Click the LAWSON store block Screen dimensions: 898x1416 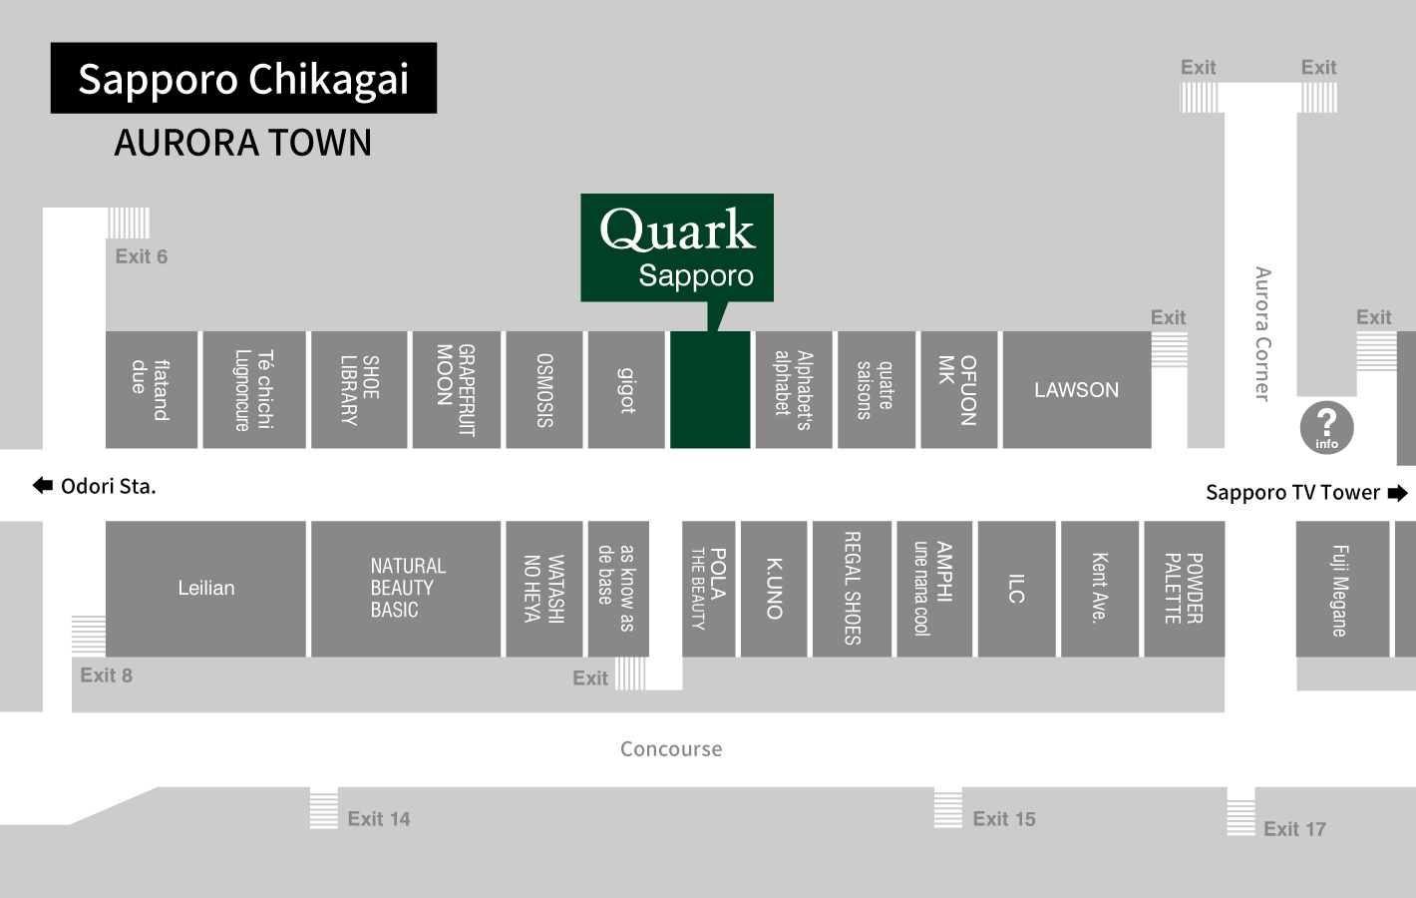pyautogui.click(x=1076, y=390)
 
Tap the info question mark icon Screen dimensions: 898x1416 pyautogui.click(x=1326, y=427)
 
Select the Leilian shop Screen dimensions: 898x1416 pyautogui.click(x=205, y=588)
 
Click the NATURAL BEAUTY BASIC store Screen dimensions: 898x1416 pyautogui.click(x=406, y=588)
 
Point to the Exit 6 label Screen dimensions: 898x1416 pyautogui.click(x=141, y=256)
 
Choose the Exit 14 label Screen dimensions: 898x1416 pyautogui.click(x=378, y=819)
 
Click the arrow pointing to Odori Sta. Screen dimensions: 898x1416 pyautogui.click(x=43, y=486)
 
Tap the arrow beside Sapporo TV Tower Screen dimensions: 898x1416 pyautogui.click(x=1398, y=493)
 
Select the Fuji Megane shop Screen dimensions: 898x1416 pyautogui.click(x=1341, y=590)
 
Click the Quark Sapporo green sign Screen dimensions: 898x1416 pyautogui.click(x=677, y=246)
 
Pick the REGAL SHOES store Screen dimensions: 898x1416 pyautogui.click(x=852, y=589)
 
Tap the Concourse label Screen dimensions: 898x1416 pyautogui.click(x=671, y=749)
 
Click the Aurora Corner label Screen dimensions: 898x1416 pyautogui.click(x=1262, y=333)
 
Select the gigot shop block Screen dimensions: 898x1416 pyautogui.click(x=626, y=390)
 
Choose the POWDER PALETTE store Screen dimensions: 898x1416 pyautogui.click(x=1184, y=589)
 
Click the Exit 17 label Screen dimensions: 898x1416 pyautogui.click(x=1294, y=829)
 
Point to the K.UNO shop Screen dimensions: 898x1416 pyautogui.click(x=774, y=589)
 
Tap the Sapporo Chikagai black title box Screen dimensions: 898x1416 pyautogui.click(x=243, y=78)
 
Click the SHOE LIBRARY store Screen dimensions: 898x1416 pyautogui.click(x=359, y=390)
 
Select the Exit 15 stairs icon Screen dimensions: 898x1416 pyautogui.click(x=947, y=807)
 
